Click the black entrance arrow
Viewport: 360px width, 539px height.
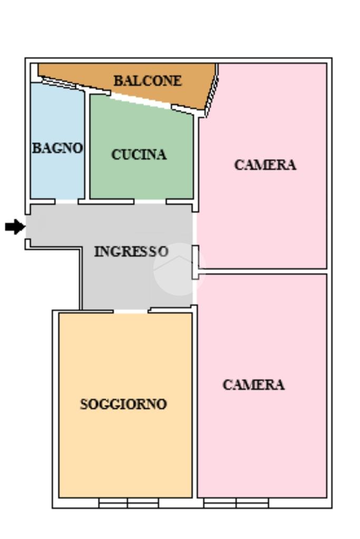[15, 227]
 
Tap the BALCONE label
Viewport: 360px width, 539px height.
[148, 81]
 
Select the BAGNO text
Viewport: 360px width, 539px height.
[57, 148]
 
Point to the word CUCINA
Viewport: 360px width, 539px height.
[139, 154]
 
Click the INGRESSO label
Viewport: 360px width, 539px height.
[131, 252]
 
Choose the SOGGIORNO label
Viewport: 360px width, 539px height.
[123, 404]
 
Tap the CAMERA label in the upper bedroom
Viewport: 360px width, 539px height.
[265, 165]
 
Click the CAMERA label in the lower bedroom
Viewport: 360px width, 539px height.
[254, 385]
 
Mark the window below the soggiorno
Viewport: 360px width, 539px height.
[129, 503]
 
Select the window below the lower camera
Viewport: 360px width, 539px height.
[236, 503]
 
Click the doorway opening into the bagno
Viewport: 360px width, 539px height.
[66, 201]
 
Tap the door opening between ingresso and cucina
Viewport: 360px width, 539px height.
[150, 201]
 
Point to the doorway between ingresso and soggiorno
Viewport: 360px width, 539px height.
[131, 311]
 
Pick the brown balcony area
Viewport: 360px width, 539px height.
[138, 83]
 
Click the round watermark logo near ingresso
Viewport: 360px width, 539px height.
[179, 269]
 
